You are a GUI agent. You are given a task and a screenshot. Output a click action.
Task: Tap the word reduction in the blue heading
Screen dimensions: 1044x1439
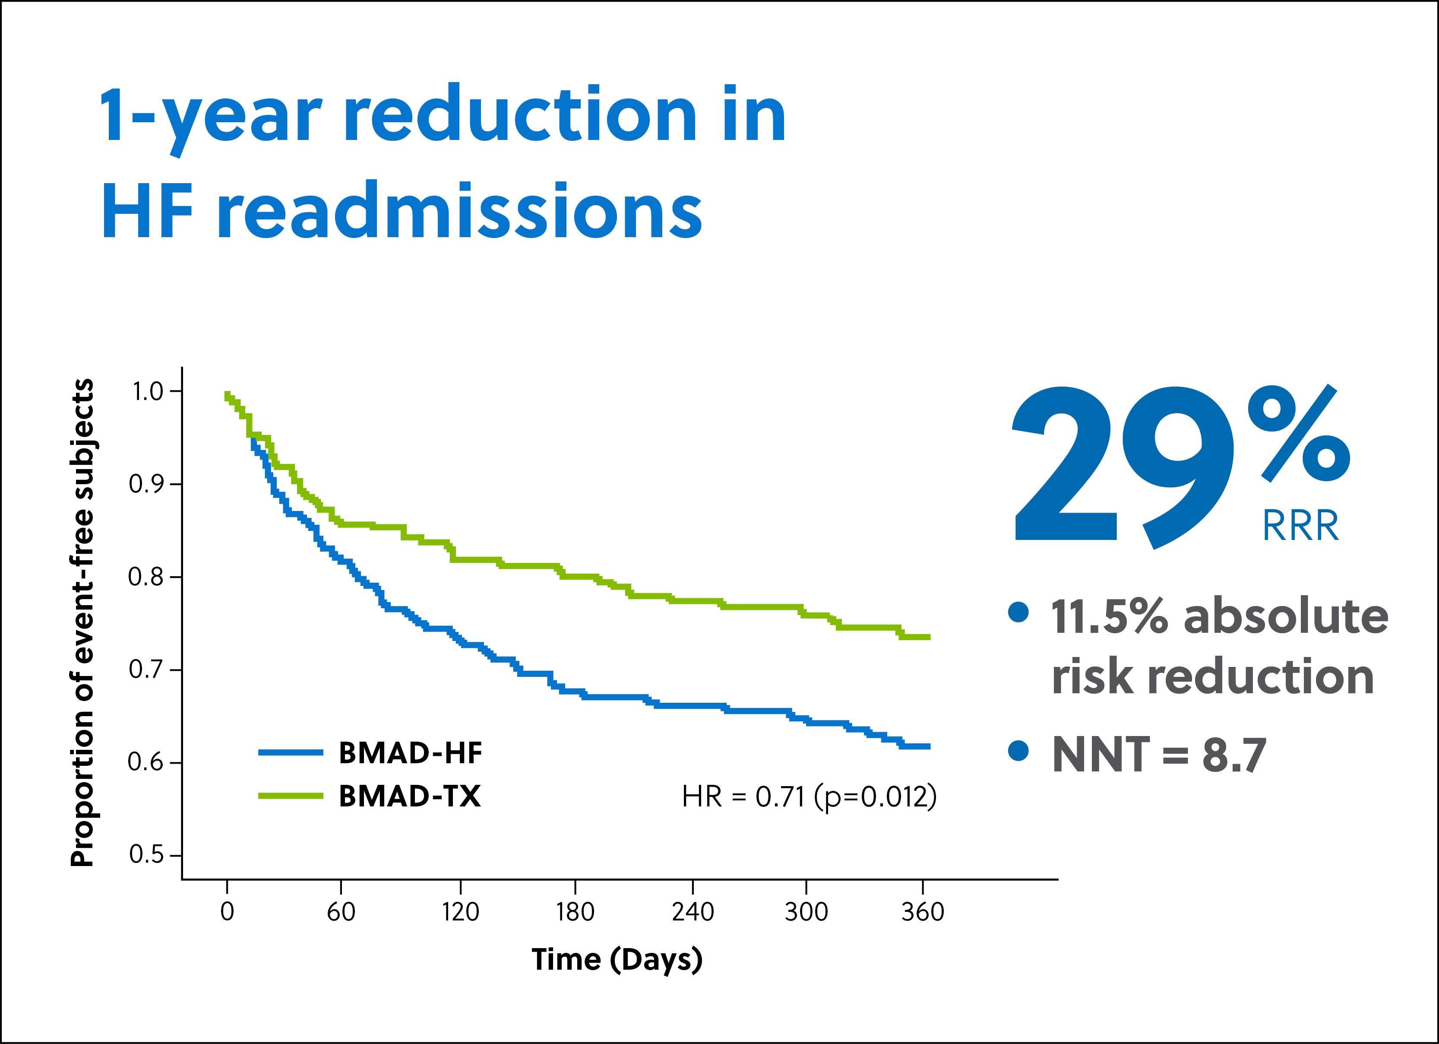click(520, 115)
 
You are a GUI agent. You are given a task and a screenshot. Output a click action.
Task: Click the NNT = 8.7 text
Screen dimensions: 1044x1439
click(1158, 755)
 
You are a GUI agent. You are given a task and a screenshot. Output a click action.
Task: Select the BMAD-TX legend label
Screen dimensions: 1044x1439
click(410, 796)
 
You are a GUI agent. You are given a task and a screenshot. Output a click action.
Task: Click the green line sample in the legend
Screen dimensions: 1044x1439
click(291, 796)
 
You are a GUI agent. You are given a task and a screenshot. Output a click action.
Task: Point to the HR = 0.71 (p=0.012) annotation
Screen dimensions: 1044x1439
click(809, 796)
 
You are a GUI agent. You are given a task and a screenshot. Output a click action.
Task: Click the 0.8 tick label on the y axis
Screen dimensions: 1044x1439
click(146, 577)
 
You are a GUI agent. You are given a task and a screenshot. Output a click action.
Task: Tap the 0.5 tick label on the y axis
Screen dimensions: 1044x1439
click(146, 855)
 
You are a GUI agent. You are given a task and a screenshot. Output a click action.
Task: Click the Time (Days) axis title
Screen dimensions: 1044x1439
click(617, 960)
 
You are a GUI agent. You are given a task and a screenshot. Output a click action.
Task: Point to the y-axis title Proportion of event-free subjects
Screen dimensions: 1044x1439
click(82, 622)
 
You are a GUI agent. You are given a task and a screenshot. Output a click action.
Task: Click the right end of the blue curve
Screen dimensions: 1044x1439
click(928, 746)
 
